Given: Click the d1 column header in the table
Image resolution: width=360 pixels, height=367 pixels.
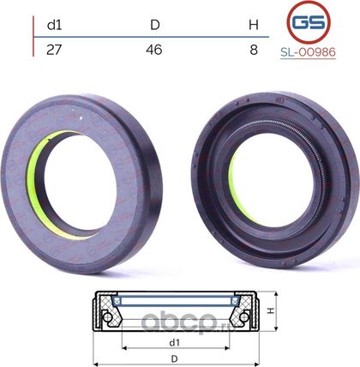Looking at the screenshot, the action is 54,25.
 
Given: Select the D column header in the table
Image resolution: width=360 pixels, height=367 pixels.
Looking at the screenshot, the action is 155,25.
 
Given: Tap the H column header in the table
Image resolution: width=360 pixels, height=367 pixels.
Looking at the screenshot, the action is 254,25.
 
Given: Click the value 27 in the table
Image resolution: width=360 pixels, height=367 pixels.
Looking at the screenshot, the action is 54,50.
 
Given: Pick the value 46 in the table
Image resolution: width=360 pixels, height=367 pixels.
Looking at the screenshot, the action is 154,50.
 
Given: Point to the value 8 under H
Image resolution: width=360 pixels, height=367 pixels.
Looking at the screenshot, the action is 254,50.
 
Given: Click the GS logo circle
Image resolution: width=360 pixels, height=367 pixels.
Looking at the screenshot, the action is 309,22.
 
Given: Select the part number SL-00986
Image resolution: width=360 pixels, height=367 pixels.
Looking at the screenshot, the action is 308,52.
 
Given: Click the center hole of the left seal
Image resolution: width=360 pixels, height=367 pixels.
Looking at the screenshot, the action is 80,183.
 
